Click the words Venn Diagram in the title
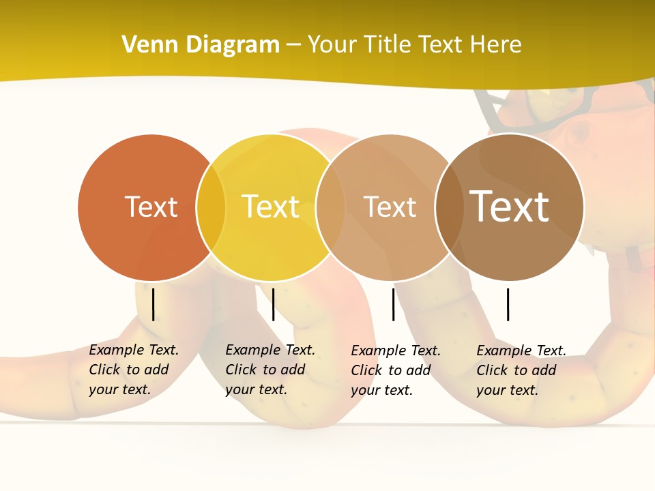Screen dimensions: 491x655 [201, 45]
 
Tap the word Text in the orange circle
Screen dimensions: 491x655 [151, 207]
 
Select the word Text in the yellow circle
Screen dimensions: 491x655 [270, 207]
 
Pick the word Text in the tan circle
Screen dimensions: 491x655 [390, 207]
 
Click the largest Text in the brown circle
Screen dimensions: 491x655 [509, 206]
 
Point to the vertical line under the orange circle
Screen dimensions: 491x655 [153, 304]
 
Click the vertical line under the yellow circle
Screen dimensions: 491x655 [273, 304]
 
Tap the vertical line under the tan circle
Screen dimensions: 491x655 [393, 304]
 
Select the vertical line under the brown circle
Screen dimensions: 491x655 [508, 304]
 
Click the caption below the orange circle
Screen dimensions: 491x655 [134, 370]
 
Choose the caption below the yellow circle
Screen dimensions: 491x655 [270, 370]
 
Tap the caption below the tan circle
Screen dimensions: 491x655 [396, 370]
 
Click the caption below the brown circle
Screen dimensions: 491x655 [521, 370]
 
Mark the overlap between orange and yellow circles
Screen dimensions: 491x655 [211, 207]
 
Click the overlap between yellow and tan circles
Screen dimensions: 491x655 [330, 207]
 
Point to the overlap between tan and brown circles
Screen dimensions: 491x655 [449, 207]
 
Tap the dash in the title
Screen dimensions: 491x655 [293, 45]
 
